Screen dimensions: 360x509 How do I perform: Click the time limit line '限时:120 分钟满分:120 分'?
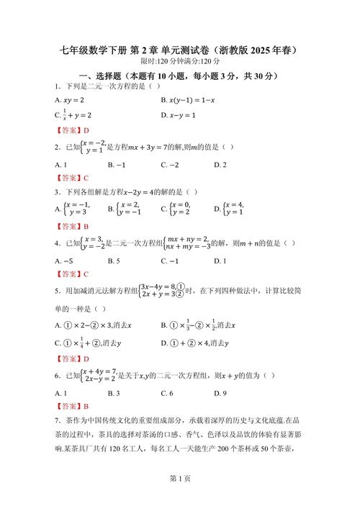(179, 62)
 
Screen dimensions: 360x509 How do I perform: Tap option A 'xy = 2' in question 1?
(70, 100)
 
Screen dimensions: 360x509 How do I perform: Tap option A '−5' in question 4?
(65, 261)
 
